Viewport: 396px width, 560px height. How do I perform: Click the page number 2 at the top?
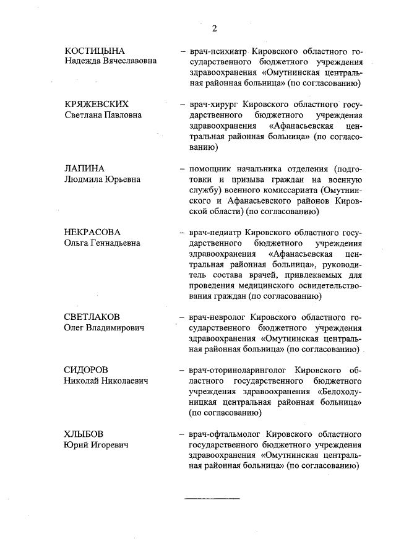coord(214,28)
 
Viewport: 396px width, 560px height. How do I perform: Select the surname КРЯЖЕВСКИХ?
coord(97,103)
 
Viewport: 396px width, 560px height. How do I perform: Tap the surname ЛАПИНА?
coord(85,168)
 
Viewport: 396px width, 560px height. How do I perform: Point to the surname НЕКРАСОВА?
coord(92,232)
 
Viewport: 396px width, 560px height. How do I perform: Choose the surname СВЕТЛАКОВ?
coord(92,317)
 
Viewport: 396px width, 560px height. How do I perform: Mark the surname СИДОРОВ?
coord(86,370)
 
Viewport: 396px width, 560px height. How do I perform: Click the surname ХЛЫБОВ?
coord(85,434)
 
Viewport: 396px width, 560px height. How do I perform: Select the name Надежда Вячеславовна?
coord(110,61)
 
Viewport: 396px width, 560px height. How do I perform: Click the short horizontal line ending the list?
coord(212,498)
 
